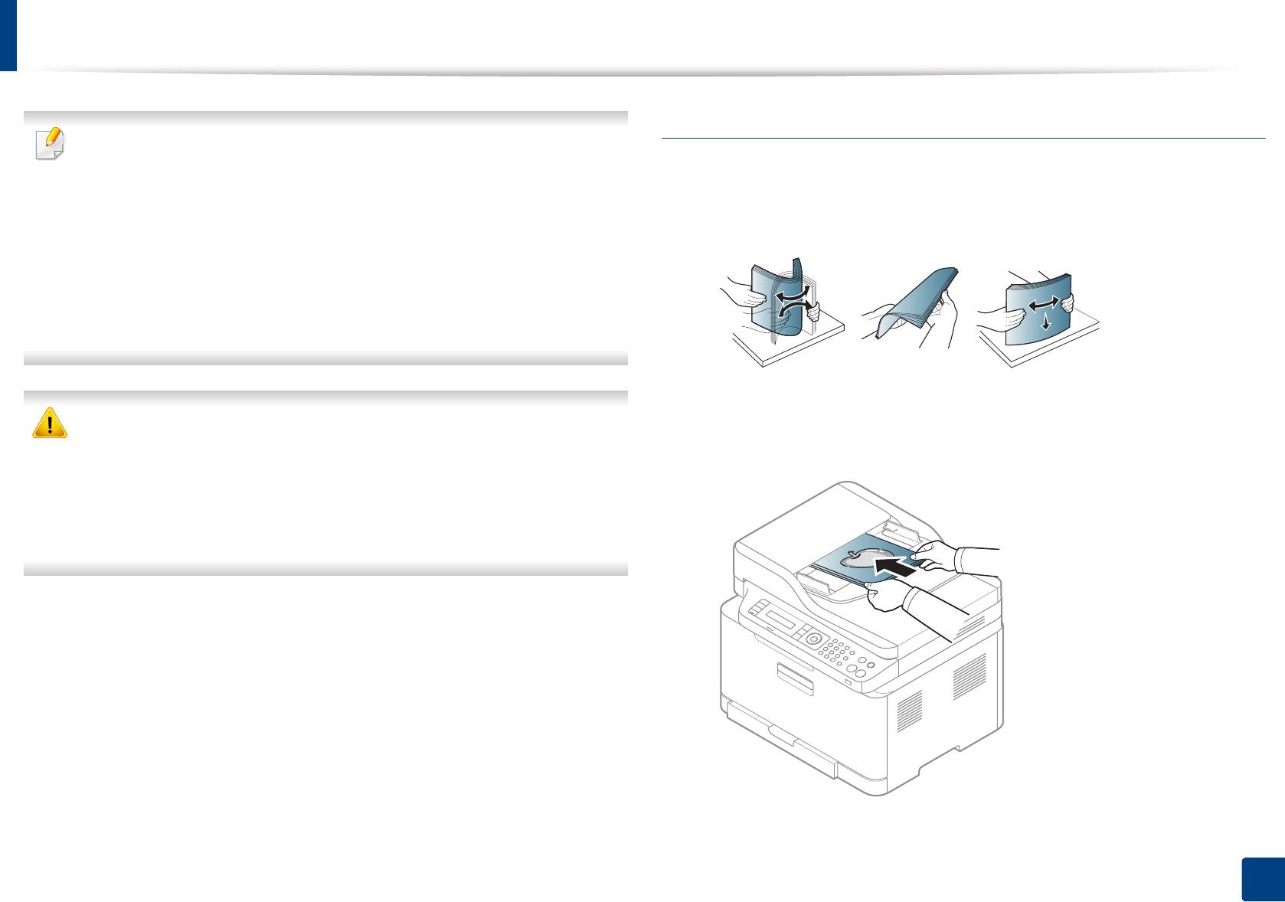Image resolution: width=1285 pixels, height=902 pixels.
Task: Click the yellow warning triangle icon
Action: pos(50,422)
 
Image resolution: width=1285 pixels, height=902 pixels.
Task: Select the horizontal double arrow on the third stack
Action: pos(1044,305)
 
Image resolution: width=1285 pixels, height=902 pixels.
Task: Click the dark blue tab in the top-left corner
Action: pos(8,35)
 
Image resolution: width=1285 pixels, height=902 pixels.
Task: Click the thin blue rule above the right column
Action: pos(963,139)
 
